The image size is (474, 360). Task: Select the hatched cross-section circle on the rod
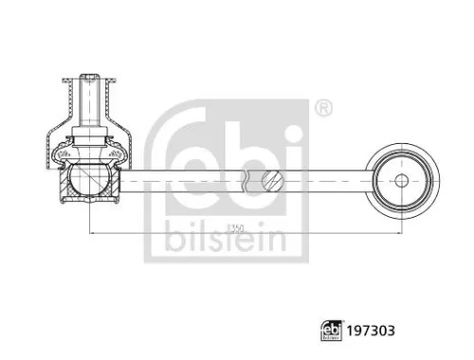275,178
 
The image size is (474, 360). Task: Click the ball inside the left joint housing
89,178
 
